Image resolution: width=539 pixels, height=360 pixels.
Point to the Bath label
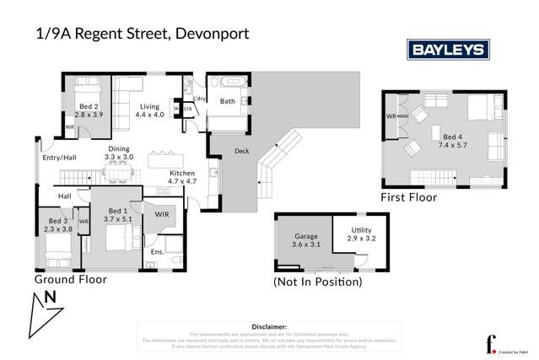coord(227,101)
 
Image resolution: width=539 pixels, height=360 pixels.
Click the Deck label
coord(240,152)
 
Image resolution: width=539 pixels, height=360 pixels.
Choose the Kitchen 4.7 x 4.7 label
coord(183,176)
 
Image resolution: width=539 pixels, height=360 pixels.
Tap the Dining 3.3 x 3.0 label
coord(119,153)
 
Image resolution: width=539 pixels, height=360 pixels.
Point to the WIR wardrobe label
coord(162,216)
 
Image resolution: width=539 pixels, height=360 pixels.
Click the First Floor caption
coord(408,198)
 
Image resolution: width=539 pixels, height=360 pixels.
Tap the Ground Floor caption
coord(71,278)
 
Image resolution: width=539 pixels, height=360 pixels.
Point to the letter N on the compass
coord(50,298)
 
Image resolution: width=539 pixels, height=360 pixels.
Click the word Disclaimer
coord(269,325)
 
